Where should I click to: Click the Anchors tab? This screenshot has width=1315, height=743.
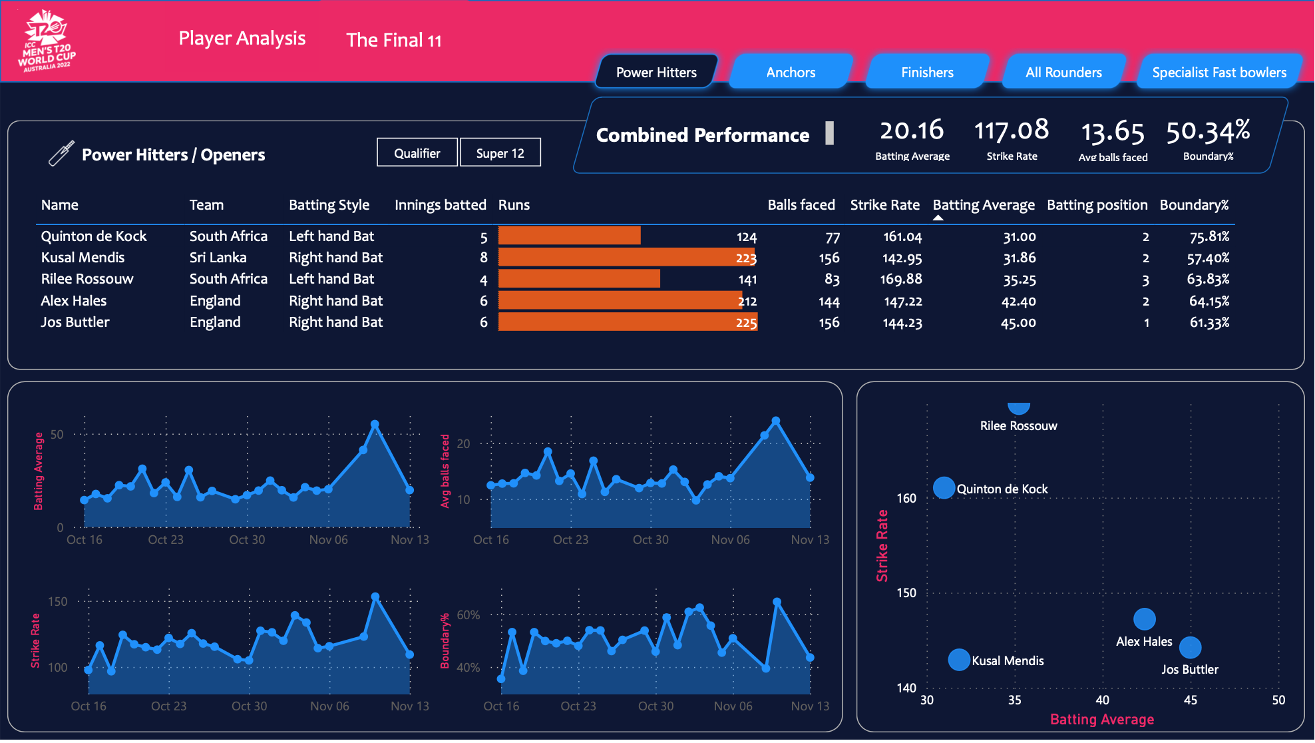(x=791, y=72)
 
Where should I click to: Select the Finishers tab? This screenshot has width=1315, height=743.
(x=927, y=72)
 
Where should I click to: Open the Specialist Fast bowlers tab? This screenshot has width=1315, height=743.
(x=1219, y=72)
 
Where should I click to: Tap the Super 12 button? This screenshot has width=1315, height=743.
(x=500, y=153)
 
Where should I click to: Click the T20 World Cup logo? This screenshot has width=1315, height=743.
(x=47, y=41)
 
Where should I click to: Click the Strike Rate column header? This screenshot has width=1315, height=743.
(x=884, y=205)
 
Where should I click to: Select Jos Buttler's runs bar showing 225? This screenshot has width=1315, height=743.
(x=627, y=322)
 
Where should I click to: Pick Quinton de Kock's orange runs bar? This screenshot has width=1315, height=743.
(x=569, y=236)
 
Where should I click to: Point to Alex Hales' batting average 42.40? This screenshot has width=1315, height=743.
(x=1018, y=301)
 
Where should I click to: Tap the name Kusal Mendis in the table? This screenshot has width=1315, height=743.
(x=83, y=258)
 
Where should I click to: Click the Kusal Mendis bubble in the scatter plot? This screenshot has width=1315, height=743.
(x=958, y=660)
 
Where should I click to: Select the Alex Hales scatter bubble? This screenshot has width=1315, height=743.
(x=1144, y=619)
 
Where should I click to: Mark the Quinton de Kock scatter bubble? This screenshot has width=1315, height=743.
(x=944, y=488)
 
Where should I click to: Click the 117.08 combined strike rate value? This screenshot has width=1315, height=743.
(x=1011, y=130)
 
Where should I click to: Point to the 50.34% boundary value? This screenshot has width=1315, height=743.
(x=1208, y=131)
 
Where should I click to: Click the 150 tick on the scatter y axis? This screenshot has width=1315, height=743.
(x=906, y=593)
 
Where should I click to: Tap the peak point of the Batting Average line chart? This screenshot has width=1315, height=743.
(x=375, y=424)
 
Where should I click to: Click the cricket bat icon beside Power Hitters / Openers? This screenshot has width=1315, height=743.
(x=61, y=153)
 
